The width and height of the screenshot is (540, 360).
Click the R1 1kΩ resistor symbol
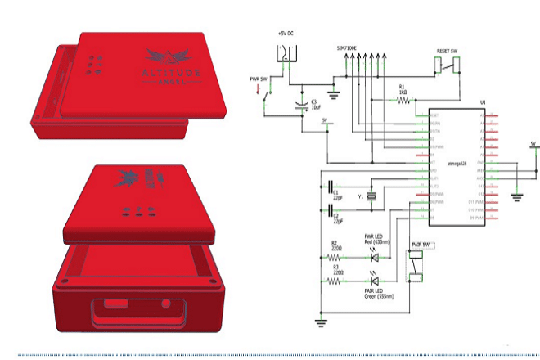tap(403, 101)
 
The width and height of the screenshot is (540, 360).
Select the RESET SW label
tap(446, 52)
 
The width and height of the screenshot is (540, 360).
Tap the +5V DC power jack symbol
tap(286, 56)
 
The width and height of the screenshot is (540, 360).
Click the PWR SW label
tap(259, 79)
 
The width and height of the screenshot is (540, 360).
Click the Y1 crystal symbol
tap(372, 195)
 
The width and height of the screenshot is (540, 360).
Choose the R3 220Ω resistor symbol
tap(335, 280)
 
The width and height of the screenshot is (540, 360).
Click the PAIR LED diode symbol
tap(375, 280)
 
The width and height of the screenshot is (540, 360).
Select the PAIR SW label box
tap(422, 245)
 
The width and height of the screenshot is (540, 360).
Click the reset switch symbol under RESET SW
tap(445, 65)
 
